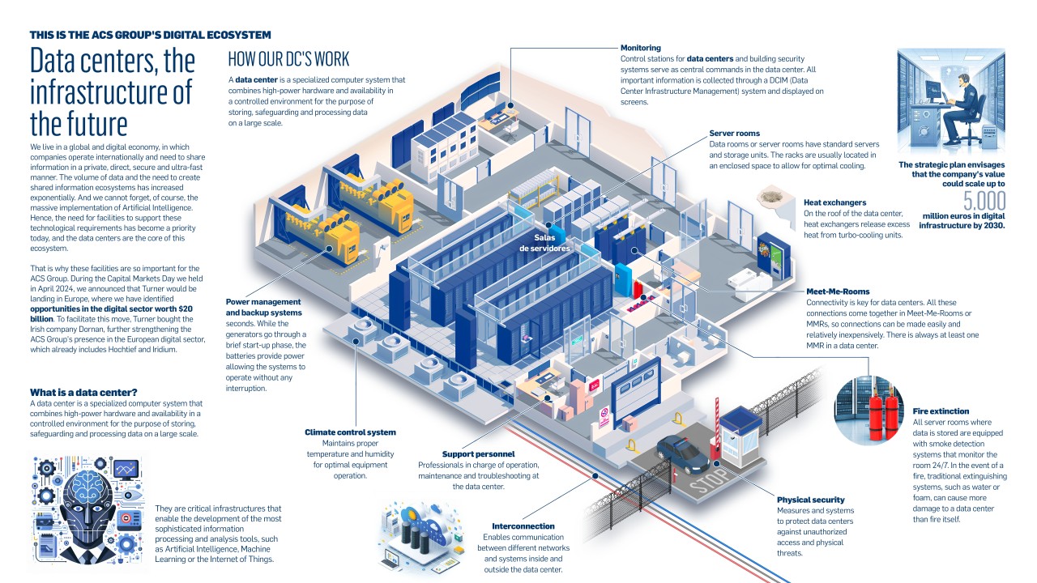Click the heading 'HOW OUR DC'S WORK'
click(288, 59)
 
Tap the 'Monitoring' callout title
click(641, 48)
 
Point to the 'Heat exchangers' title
click(834, 202)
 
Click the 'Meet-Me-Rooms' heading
click(838, 291)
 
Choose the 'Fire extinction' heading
click(941, 411)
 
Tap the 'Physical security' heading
click(810, 500)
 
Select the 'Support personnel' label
click(478, 454)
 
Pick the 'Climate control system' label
click(350, 432)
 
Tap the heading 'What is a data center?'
click(83, 393)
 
